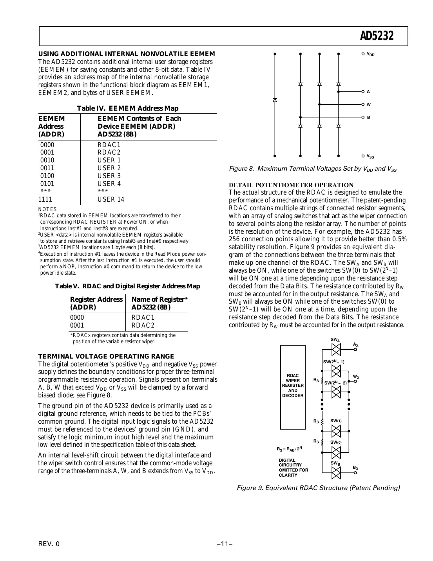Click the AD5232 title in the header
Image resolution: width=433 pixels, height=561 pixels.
[x=376, y=36]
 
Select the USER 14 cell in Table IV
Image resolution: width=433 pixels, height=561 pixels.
[x=111, y=199]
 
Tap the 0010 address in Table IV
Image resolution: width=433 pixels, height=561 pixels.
[x=47, y=160]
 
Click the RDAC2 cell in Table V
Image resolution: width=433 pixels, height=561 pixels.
[x=143, y=325]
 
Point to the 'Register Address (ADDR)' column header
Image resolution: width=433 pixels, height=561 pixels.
[x=96, y=303]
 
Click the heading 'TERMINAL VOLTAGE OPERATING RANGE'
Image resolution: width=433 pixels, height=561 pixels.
[x=106, y=356]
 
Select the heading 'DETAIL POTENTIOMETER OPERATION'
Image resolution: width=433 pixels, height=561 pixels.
[x=291, y=185]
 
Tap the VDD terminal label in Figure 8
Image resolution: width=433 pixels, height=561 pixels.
[x=370, y=54]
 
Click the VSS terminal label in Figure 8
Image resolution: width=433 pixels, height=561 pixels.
[x=370, y=156]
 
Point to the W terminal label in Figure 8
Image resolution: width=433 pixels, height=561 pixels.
[x=368, y=105]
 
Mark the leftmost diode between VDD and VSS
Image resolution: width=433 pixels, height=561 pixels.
[x=275, y=100]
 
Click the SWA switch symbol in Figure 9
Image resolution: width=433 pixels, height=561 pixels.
[x=336, y=349]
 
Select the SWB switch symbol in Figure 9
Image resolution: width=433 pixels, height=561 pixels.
[x=336, y=472]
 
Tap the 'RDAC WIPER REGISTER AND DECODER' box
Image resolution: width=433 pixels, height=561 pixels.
[x=293, y=386]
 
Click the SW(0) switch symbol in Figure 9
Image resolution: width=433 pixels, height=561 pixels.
[x=336, y=452]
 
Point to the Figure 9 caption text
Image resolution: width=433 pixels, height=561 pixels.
[x=318, y=488]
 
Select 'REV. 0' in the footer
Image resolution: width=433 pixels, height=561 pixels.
[x=49, y=544]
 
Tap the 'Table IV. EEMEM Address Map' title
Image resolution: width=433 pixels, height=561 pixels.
[x=127, y=108]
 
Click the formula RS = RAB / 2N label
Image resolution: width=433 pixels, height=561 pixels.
[x=289, y=448]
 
